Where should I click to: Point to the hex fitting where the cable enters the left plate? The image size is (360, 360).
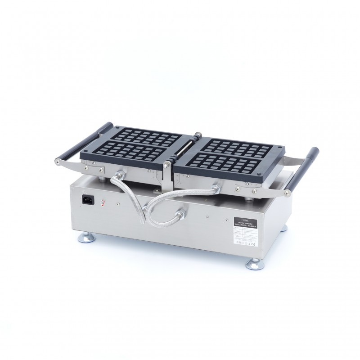[x=120, y=173]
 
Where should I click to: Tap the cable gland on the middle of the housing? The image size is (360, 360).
[x=182, y=212]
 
